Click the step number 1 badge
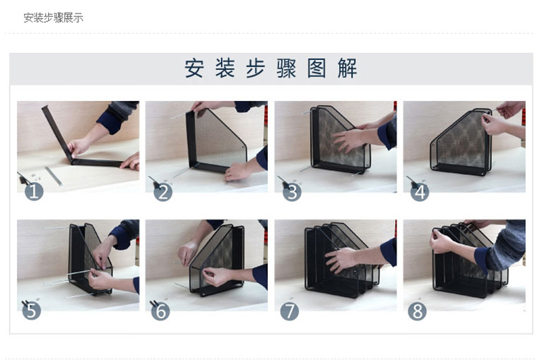34,191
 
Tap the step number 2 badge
162,192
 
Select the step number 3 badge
292,192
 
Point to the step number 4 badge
420,192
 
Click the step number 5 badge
32,311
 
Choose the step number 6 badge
160,311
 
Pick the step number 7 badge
290,311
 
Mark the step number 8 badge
417,311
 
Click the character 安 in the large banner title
194,68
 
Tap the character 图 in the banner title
317,68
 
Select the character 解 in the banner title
348,68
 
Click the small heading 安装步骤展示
54,18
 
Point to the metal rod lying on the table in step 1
54,176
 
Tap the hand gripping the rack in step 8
442,241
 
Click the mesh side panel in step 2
218,138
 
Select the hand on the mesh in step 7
342,260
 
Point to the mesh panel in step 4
461,142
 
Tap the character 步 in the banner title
255,68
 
